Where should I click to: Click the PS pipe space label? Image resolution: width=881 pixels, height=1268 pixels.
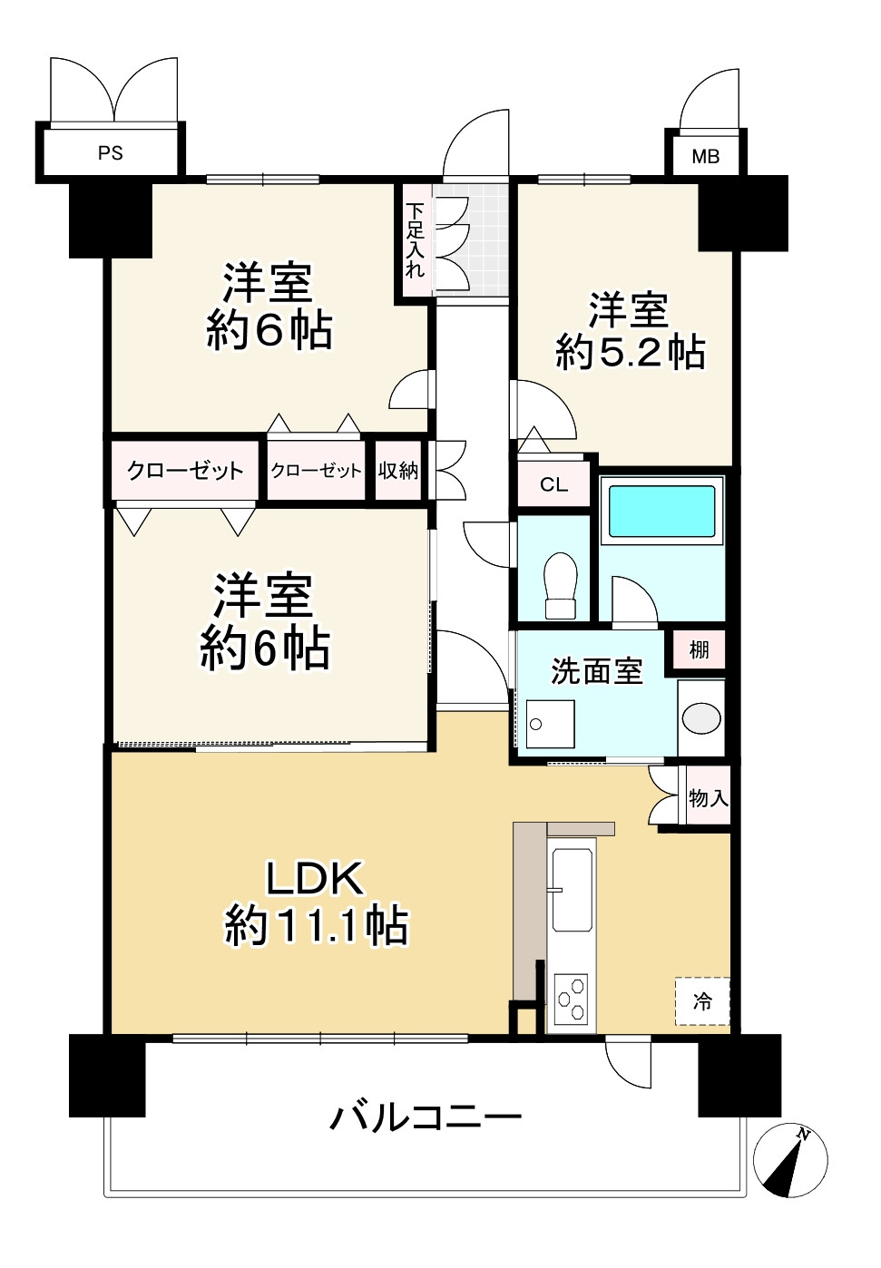point(111,153)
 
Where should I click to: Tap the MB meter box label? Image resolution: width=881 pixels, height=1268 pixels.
point(705,156)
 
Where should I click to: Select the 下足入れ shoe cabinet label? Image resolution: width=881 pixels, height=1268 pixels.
point(415,239)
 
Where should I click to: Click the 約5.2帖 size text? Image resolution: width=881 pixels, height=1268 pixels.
point(630,352)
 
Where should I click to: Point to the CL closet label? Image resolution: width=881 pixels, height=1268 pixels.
point(553,484)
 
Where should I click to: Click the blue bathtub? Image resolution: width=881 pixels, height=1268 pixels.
point(661,512)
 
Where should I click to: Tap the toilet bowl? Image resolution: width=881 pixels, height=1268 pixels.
point(560,585)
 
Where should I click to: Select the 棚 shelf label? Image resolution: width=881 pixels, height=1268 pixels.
point(699,649)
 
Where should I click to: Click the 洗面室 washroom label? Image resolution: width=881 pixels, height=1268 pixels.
point(596,671)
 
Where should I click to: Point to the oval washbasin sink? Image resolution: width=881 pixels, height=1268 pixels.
point(701,718)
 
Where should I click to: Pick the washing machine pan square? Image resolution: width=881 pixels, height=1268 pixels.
point(550,723)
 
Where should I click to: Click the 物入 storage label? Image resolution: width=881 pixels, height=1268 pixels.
point(708,798)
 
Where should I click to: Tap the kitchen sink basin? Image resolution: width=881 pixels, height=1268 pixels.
point(572,890)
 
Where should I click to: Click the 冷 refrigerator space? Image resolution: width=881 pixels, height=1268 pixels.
point(702,1001)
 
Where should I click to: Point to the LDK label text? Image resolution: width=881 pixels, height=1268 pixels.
point(314,878)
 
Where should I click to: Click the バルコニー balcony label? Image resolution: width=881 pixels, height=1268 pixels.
point(426,1117)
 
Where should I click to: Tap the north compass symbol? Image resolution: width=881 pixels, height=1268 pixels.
point(790,1160)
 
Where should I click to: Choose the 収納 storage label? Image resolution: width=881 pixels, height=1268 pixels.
point(398,470)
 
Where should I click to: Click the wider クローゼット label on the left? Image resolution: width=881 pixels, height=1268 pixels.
point(186,470)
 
